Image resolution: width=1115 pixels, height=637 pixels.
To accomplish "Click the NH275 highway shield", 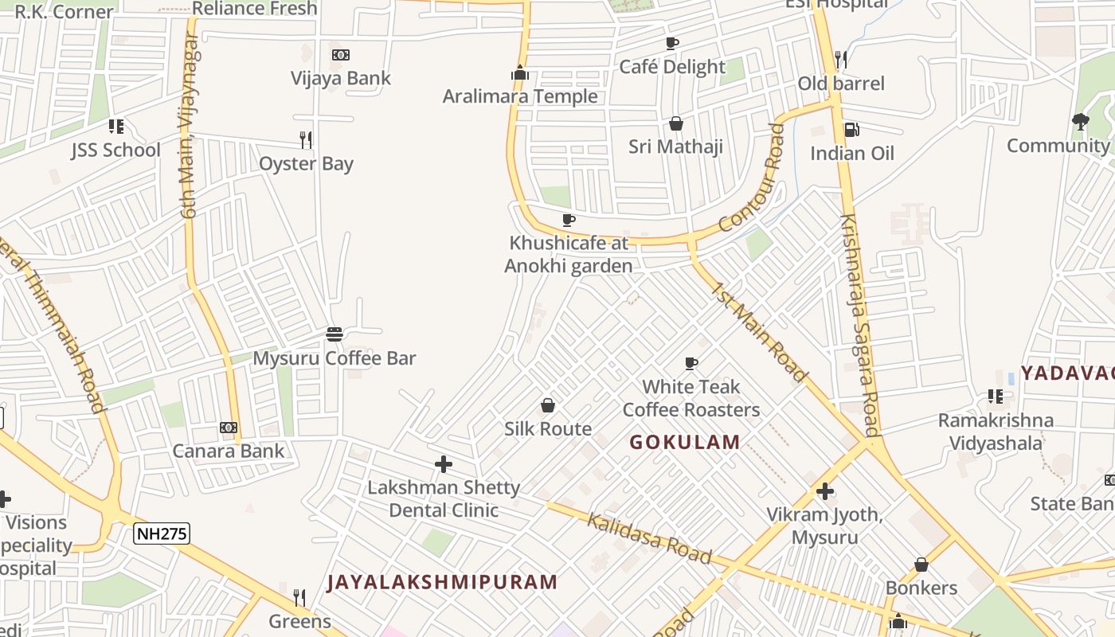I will pyautogui.click(x=161, y=533).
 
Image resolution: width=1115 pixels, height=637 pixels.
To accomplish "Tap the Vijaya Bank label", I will pyautogui.click(x=341, y=78).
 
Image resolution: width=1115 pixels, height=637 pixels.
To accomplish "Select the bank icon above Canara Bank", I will pyautogui.click(x=229, y=428).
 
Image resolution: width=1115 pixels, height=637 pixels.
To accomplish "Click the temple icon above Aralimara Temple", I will pyautogui.click(x=520, y=74).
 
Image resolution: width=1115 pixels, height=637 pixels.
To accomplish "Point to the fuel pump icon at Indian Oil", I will pyautogui.click(x=851, y=129).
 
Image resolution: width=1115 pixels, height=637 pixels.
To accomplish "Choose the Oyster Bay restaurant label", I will pyautogui.click(x=306, y=164).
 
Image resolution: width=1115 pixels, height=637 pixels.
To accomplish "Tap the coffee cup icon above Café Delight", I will pyautogui.click(x=672, y=43).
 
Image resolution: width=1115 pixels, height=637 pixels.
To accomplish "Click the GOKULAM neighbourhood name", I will pyautogui.click(x=685, y=442).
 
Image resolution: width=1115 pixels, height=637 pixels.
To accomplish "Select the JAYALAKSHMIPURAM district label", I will pyautogui.click(x=442, y=582).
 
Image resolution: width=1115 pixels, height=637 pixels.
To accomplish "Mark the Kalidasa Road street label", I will pyautogui.click(x=649, y=539).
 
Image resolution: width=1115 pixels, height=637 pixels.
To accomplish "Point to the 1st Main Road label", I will pyautogui.click(x=760, y=332).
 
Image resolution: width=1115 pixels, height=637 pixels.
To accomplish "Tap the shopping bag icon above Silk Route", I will pyautogui.click(x=548, y=405).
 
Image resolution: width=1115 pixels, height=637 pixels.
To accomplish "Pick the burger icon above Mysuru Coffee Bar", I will pyautogui.click(x=334, y=334).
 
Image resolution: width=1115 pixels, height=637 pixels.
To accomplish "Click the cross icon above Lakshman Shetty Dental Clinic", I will pyautogui.click(x=444, y=464).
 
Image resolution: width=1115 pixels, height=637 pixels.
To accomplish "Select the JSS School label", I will pyautogui.click(x=115, y=150).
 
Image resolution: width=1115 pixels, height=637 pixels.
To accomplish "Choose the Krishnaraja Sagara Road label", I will pyautogui.click(x=860, y=325).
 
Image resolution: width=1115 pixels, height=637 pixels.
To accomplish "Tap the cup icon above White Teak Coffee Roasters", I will pyautogui.click(x=691, y=364).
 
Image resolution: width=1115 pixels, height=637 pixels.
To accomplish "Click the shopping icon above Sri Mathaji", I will pyautogui.click(x=676, y=123).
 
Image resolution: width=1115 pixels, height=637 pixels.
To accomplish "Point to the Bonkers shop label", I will pyautogui.click(x=921, y=588).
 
